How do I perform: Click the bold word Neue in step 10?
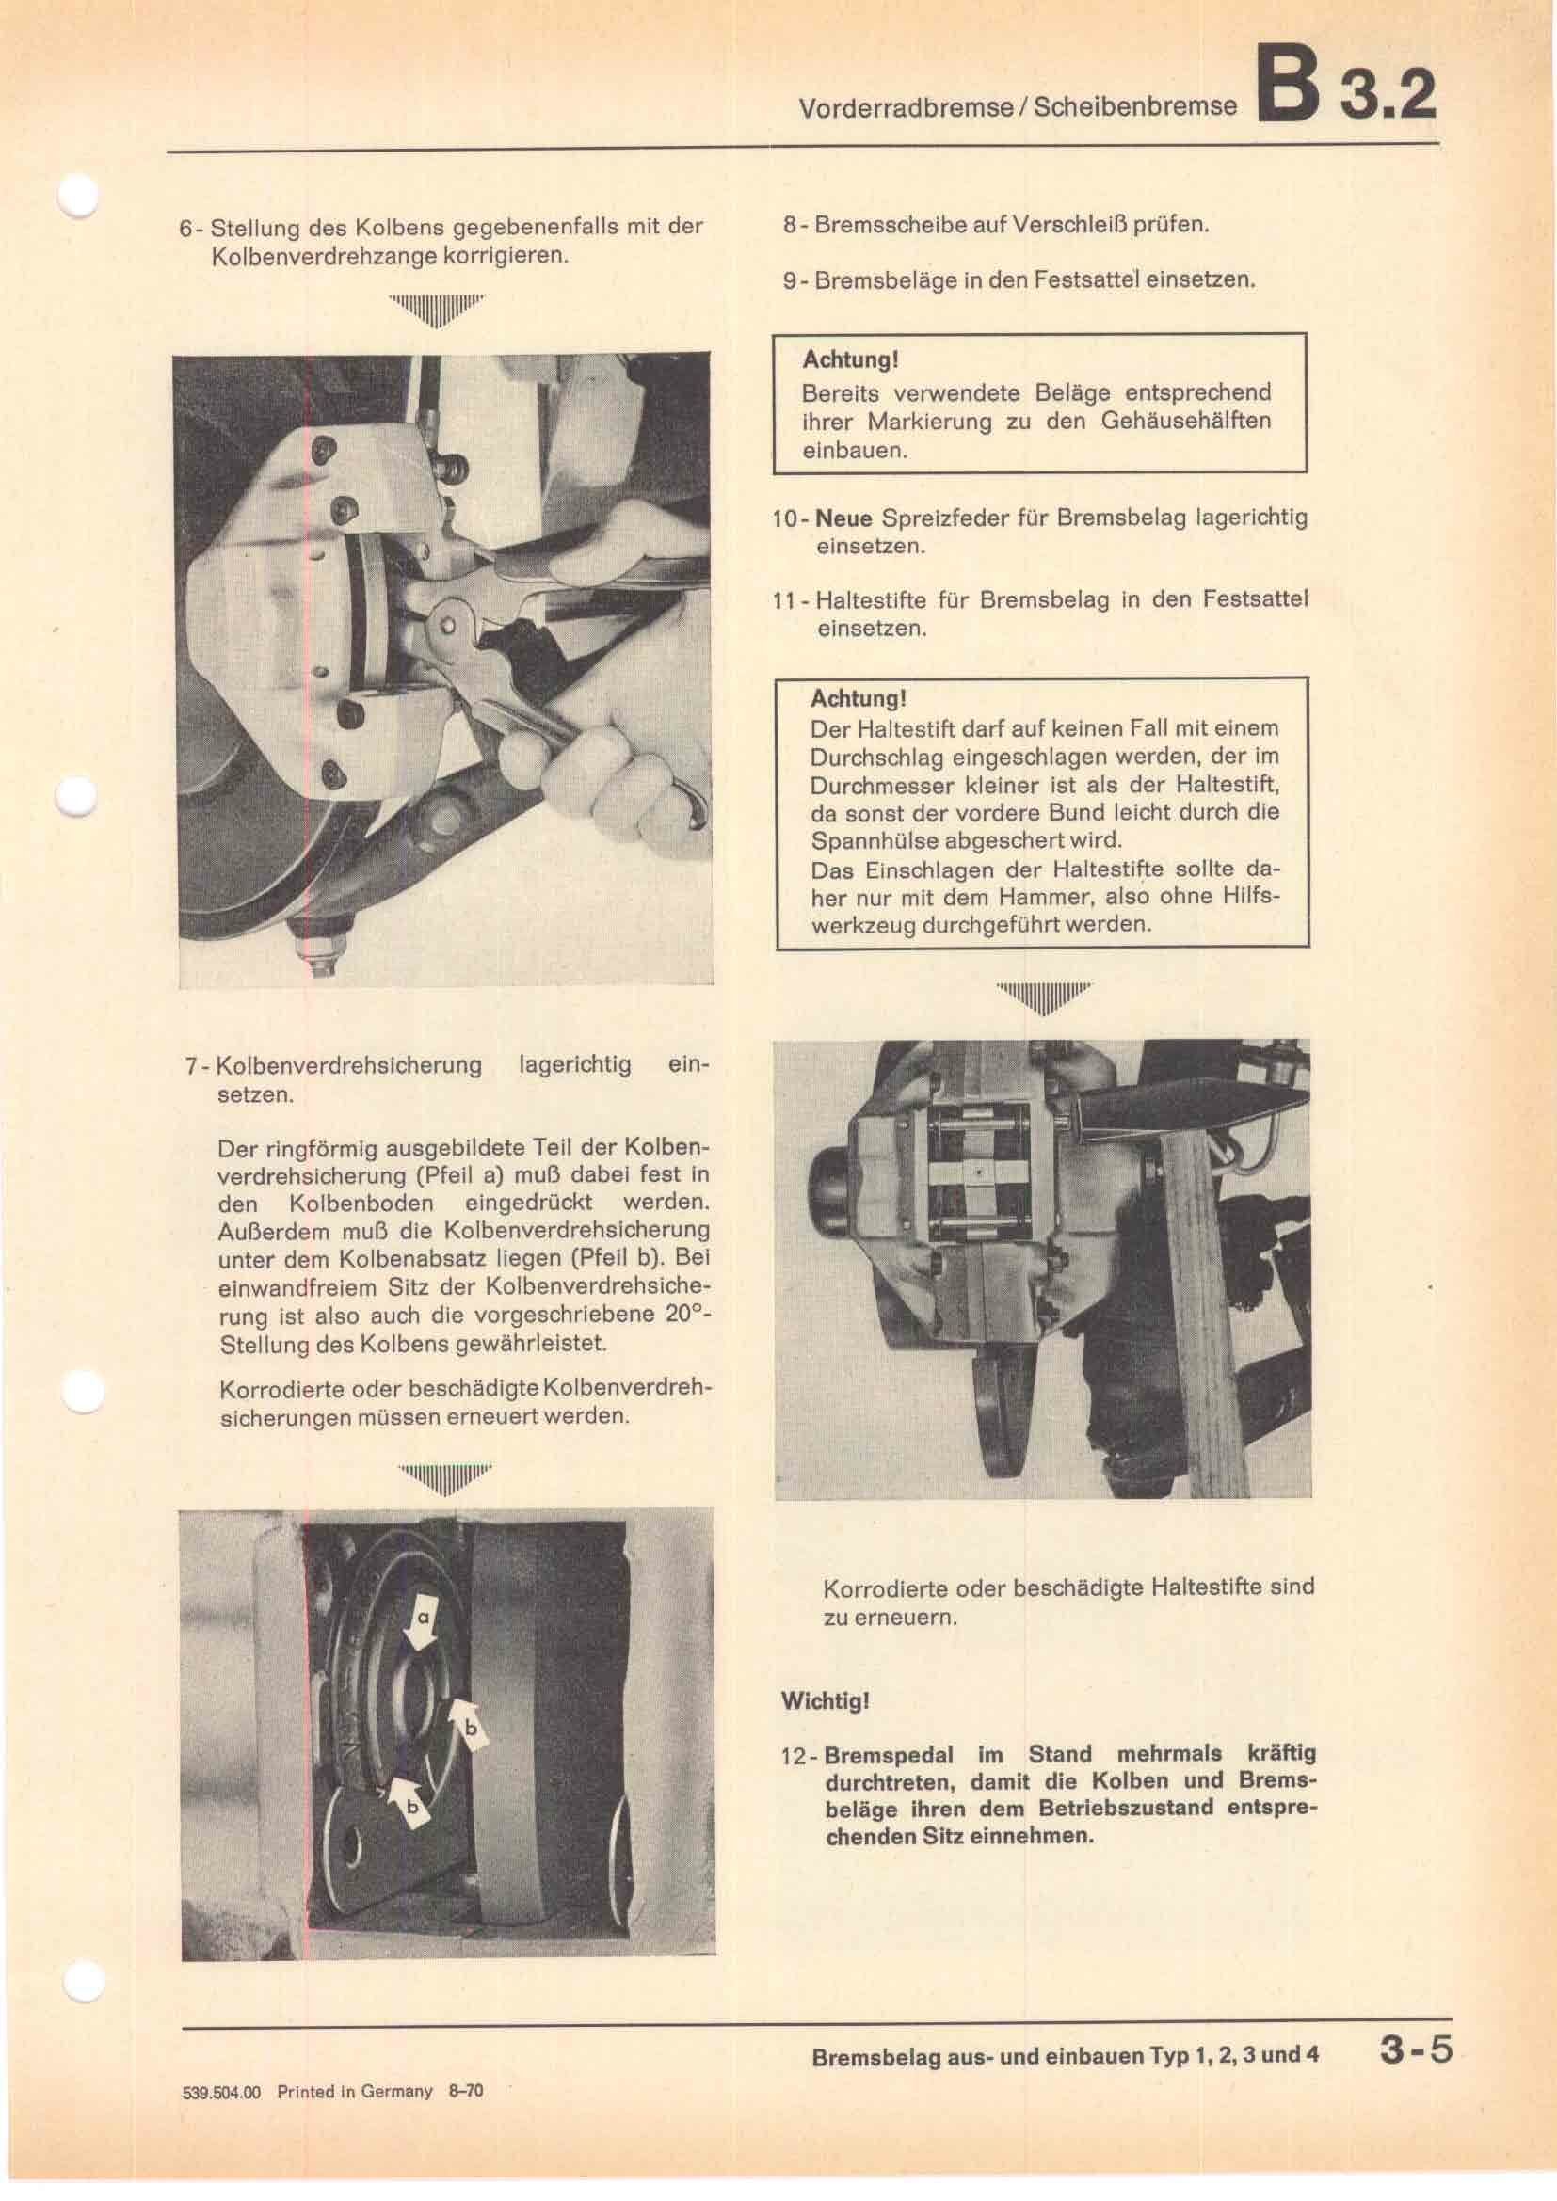[843, 518]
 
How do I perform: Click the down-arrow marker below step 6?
[437, 311]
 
